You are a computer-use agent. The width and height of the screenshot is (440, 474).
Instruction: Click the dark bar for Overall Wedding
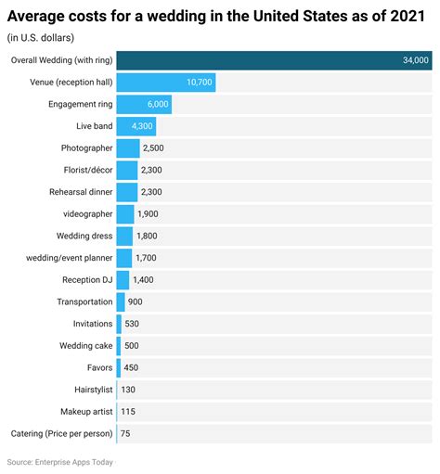(275, 60)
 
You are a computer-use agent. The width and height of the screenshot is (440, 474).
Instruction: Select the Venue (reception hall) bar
(166, 83)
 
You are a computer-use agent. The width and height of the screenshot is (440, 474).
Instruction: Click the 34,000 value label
(415, 60)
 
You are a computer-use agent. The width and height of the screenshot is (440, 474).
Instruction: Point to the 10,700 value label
(199, 83)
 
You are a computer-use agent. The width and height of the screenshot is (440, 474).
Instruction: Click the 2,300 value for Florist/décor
(152, 170)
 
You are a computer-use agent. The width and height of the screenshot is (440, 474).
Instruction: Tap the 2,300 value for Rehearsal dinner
(152, 192)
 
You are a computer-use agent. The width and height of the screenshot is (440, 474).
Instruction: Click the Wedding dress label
(84, 236)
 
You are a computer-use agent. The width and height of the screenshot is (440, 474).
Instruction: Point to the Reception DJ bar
(123, 279)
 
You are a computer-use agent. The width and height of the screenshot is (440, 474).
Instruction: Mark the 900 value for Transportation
(136, 301)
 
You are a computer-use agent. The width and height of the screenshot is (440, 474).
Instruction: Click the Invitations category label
(93, 324)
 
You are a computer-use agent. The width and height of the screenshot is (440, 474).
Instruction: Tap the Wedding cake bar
(119, 345)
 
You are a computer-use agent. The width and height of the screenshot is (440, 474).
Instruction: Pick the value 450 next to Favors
(132, 367)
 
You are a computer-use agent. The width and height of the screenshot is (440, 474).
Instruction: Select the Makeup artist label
(84, 411)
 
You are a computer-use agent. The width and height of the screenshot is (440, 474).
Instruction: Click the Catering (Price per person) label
(61, 433)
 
